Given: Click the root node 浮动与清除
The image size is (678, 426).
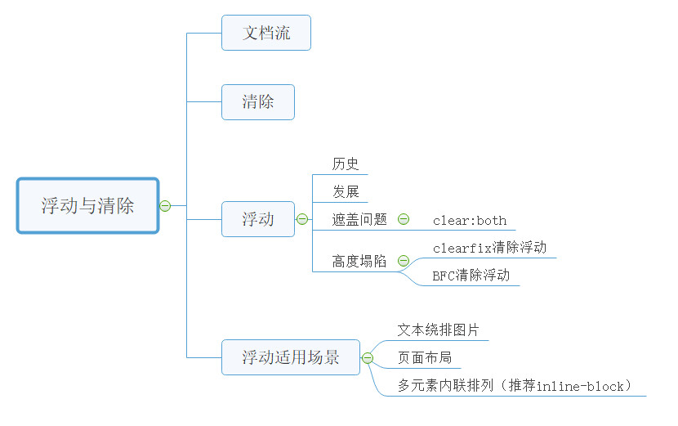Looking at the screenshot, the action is tap(87, 205).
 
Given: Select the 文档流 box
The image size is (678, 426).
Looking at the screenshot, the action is tap(266, 33).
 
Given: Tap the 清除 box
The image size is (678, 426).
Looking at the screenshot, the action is tap(257, 102).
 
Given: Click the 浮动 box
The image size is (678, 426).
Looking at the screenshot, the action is tap(257, 219).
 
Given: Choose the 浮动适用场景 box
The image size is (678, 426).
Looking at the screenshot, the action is tap(291, 357).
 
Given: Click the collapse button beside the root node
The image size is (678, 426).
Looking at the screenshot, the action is tap(165, 206).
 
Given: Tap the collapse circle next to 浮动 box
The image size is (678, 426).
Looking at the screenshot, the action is tap(302, 219).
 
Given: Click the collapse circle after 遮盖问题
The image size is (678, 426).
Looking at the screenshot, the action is tap(404, 219).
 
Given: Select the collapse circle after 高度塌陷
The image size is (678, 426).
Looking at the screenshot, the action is tap(404, 261).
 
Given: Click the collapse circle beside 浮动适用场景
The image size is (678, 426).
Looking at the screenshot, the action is tap(368, 358).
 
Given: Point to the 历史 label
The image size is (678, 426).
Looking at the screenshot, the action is tap(346, 164).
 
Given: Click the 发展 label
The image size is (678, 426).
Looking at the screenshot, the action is tap(346, 191).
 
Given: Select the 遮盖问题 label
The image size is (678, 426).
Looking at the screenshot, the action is tap(359, 219).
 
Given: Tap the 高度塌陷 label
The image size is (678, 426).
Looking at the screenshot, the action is tap(359, 261).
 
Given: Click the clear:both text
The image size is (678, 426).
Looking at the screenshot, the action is tap(470, 221).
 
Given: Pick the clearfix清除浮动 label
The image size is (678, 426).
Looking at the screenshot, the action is tap(489, 248).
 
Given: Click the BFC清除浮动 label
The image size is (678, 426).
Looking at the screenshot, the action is tap(471, 276).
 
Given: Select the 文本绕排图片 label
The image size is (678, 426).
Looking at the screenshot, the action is tap(438, 330).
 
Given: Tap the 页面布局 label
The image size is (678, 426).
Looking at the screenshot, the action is tap(425, 357).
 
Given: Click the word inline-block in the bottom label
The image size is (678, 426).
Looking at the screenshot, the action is tap(580, 386).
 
